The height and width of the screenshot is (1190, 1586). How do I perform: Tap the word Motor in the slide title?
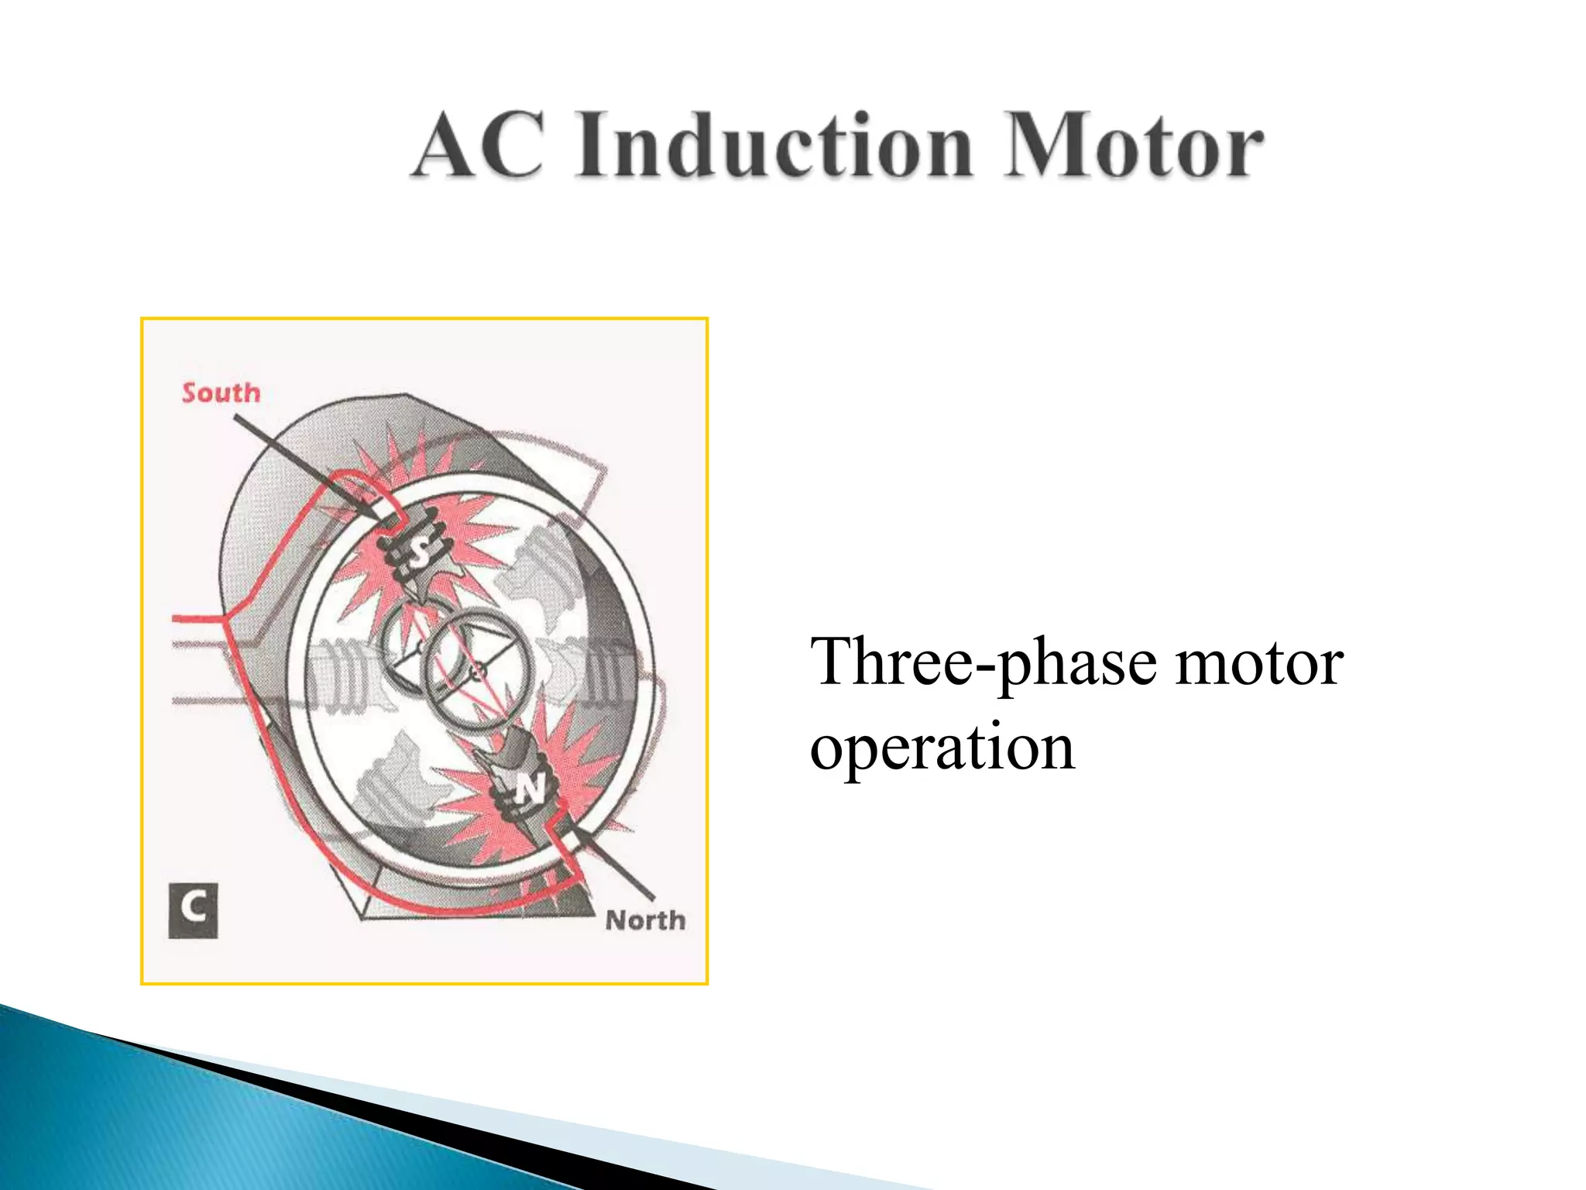coord(1134,145)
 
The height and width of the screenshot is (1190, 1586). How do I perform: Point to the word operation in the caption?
coord(942,747)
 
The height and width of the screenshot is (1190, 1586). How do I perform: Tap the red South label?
coord(221,393)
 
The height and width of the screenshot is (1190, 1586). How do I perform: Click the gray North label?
coord(645,920)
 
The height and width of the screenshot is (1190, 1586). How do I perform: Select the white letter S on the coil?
coord(419,551)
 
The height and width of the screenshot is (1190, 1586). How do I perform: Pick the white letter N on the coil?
coord(531,789)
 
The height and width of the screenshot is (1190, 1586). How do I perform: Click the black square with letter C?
coord(193,910)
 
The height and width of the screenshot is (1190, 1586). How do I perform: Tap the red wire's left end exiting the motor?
coord(177,618)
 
